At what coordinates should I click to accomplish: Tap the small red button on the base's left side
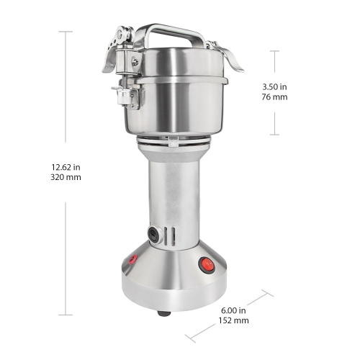click(132, 260)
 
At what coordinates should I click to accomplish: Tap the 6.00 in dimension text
click(234, 310)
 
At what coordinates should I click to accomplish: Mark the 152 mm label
click(234, 321)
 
